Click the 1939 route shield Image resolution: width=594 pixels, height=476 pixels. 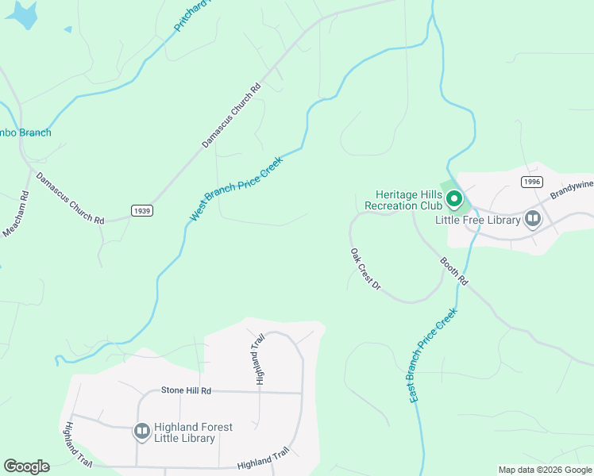pos(141,211)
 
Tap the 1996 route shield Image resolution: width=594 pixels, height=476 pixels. pos(532,182)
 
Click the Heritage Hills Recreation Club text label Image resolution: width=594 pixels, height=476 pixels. pos(403,200)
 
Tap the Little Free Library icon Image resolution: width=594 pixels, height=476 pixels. pos(532,218)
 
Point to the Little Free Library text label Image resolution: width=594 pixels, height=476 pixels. pos(477,220)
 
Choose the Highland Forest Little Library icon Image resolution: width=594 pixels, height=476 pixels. pos(142,431)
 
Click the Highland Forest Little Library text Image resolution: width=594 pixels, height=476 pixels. pos(194,432)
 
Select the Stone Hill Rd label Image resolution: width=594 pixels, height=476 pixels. pos(186,390)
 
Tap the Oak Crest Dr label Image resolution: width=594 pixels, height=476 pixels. pos(366,268)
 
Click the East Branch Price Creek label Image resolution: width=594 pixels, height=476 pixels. pos(434,355)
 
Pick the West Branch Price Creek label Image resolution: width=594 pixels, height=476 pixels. pos(236,188)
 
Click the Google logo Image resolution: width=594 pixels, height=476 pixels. pos(26,466)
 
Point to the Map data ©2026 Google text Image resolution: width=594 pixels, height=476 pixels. pos(544,470)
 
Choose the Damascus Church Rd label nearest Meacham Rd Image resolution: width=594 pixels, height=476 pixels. pos(70,198)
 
